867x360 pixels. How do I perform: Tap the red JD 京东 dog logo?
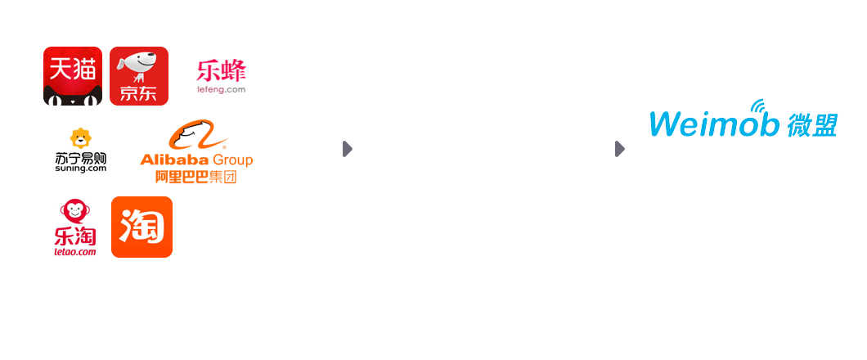[139, 76]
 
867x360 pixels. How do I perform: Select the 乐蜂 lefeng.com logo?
[221, 76]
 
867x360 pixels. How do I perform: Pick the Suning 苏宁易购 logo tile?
[81, 151]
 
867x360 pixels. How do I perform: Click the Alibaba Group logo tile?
[196, 151]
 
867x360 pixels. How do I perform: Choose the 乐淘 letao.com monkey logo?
[74, 227]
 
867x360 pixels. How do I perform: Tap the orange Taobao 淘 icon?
[142, 227]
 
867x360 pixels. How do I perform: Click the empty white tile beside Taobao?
[222, 227]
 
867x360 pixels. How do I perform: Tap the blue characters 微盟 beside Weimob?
[813, 124]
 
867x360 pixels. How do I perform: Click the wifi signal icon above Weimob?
[758, 106]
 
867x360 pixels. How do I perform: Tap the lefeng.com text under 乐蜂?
[221, 90]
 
